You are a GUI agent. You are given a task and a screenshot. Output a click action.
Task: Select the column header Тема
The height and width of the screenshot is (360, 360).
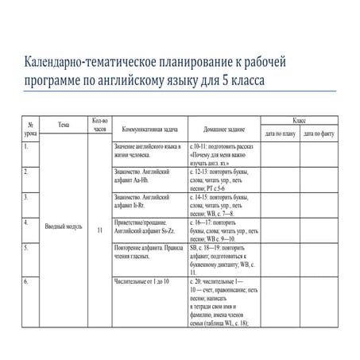(64, 124)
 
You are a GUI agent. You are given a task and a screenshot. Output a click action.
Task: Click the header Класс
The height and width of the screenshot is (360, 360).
(299, 118)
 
